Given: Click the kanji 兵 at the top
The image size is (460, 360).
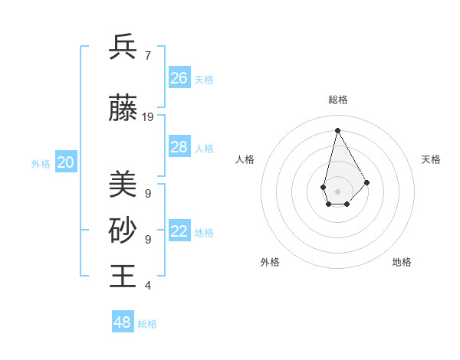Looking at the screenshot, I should point(123,47).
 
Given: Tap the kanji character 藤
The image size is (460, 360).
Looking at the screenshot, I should point(123,110).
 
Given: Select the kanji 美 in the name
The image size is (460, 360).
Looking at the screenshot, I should point(123,185).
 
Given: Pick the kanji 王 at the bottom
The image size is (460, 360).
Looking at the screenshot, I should point(123,276).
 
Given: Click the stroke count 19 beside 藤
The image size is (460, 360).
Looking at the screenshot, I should point(148,117).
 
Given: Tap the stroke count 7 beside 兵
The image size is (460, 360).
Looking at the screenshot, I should point(147,55).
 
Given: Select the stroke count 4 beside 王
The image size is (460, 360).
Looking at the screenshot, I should point(147,286).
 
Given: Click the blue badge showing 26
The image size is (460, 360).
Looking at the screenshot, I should point(179,78).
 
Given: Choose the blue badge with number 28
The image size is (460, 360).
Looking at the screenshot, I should point(179,147).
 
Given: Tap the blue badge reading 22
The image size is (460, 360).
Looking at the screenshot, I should point(179,232).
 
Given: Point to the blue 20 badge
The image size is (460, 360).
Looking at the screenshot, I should point(66,162).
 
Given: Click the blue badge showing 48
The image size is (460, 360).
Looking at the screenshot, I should point(123,322).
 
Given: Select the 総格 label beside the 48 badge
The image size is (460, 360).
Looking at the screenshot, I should point(147,324).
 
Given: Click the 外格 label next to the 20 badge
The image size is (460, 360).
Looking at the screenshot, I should point(41,163).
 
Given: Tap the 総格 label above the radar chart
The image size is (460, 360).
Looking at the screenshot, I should point(337,100).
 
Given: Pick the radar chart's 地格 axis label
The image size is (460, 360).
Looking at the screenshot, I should point(402,262).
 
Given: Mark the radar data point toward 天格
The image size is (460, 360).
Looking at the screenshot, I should point(366,182).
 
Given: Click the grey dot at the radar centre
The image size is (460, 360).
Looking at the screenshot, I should point(337,191).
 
